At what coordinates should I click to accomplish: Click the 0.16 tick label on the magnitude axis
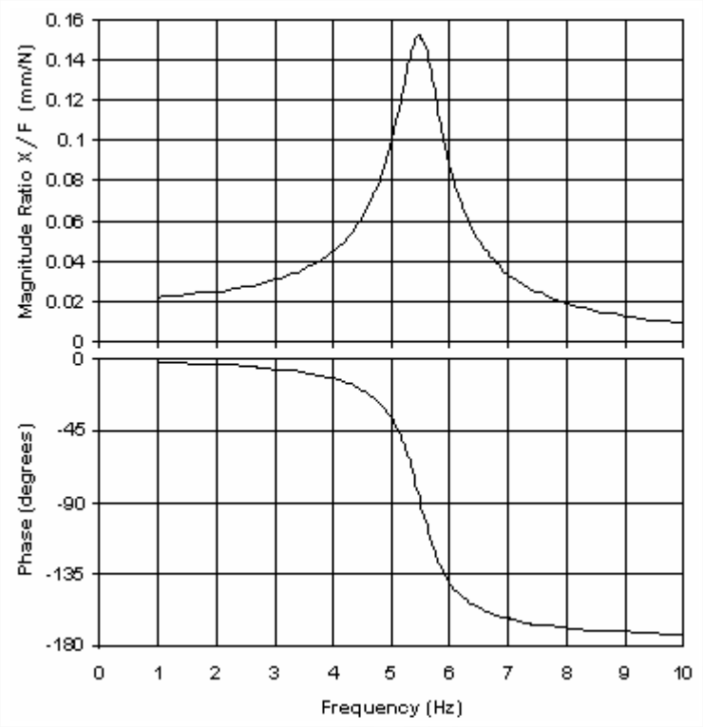67,20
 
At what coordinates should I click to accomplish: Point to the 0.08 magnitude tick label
67,181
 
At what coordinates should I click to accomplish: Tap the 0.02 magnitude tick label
67,301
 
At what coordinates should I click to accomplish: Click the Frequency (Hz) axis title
390,707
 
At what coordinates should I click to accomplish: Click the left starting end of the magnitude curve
158,297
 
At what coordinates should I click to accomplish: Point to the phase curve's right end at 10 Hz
682,635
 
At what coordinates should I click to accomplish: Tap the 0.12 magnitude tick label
67,100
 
